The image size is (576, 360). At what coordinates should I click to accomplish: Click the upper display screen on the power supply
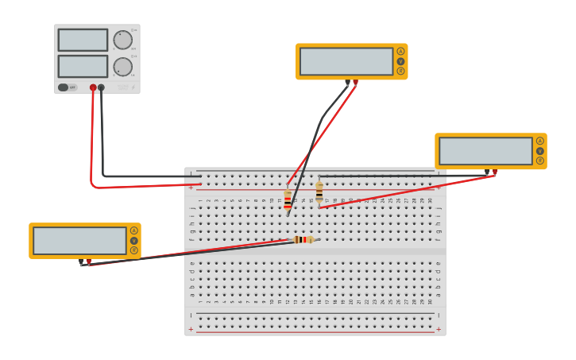click(x=83, y=40)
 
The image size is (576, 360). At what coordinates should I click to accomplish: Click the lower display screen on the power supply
click(x=83, y=66)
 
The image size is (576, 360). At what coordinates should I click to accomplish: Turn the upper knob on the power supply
click(x=123, y=41)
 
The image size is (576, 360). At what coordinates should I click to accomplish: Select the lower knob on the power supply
click(x=123, y=67)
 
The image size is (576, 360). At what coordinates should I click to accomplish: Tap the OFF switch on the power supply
click(x=68, y=87)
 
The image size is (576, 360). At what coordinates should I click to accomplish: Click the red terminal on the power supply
click(x=93, y=87)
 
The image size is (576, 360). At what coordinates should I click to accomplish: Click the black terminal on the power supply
click(x=101, y=87)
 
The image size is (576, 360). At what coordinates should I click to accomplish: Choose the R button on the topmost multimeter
click(x=400, y=71)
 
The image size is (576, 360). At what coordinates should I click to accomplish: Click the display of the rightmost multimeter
click(x=485, y=151)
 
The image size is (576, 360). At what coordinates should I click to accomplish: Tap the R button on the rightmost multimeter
click(x=539, y=161)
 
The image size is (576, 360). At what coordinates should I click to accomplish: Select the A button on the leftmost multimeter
click(x=133, y=230)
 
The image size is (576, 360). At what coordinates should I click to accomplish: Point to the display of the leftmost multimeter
click(x=79, y=241)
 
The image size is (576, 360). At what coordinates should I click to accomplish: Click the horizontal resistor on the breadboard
click(x=303, y=239)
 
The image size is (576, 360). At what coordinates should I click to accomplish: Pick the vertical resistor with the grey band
click(x=319, y=192)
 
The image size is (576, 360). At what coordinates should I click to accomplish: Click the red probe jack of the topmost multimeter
click(x=355, y=82)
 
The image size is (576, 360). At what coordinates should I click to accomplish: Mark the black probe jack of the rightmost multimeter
click(x=487, y=172)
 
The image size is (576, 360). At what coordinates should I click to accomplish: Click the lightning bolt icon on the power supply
click(x=133, y=87)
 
